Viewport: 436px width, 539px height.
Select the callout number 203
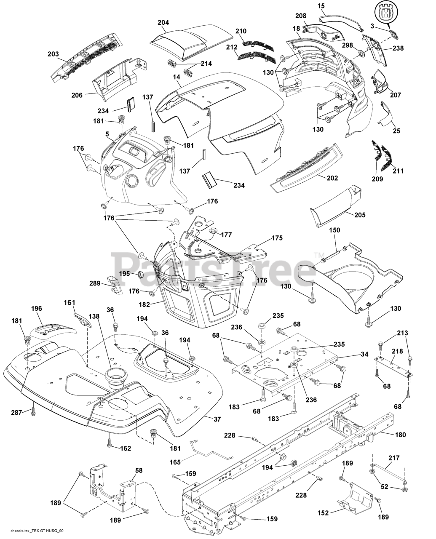53,54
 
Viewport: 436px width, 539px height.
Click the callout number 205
360,215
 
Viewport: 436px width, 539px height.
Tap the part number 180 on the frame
401,435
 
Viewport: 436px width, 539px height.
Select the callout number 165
175,462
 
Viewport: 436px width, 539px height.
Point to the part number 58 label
139,470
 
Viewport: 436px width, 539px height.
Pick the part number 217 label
394,458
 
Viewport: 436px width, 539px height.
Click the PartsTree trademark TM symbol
319,255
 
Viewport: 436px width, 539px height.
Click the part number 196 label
37,309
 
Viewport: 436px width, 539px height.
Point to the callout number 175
277,238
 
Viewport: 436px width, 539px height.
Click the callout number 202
332,178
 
